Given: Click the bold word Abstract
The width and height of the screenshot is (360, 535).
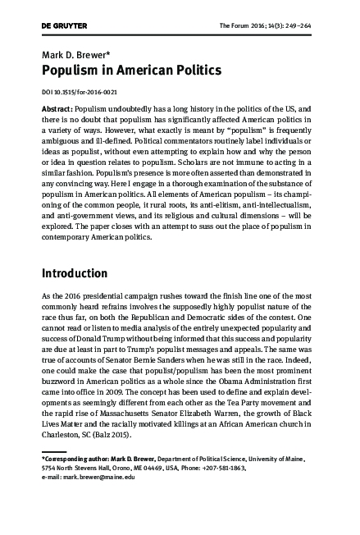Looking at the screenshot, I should coord(57,109).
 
